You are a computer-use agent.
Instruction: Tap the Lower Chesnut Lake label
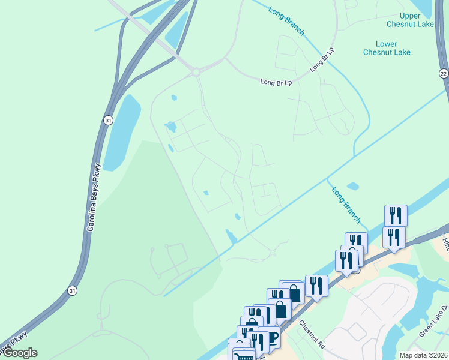[x=387, y=48]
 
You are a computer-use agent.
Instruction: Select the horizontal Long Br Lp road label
[x=276, y=82]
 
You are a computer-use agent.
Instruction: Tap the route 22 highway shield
[x=443, y=73]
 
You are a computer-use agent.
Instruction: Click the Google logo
[x=19, y=353]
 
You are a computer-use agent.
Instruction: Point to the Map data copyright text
[x=423, y=355]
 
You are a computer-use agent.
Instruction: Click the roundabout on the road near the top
[x=196, y=72]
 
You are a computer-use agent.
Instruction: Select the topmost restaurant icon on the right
[x=396, y=215]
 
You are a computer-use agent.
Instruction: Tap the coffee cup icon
[x=273, y=337]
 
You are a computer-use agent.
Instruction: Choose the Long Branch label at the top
[x=286, y=22]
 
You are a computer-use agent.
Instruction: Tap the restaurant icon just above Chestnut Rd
[x=316, y=285]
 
